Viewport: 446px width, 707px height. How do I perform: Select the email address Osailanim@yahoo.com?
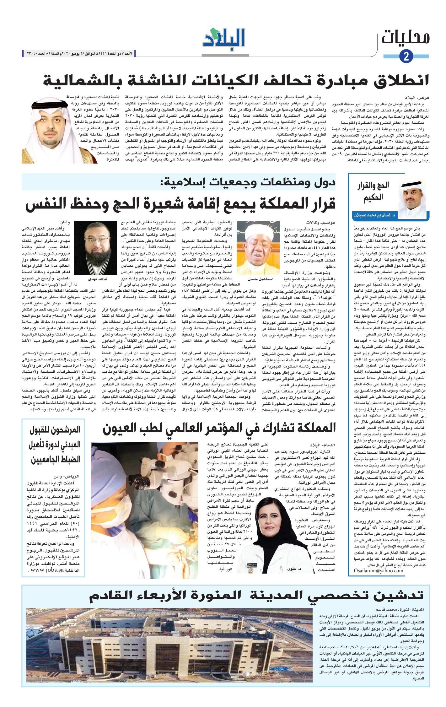[378, 570]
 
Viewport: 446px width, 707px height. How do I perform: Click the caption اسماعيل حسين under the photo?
[255, 278]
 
